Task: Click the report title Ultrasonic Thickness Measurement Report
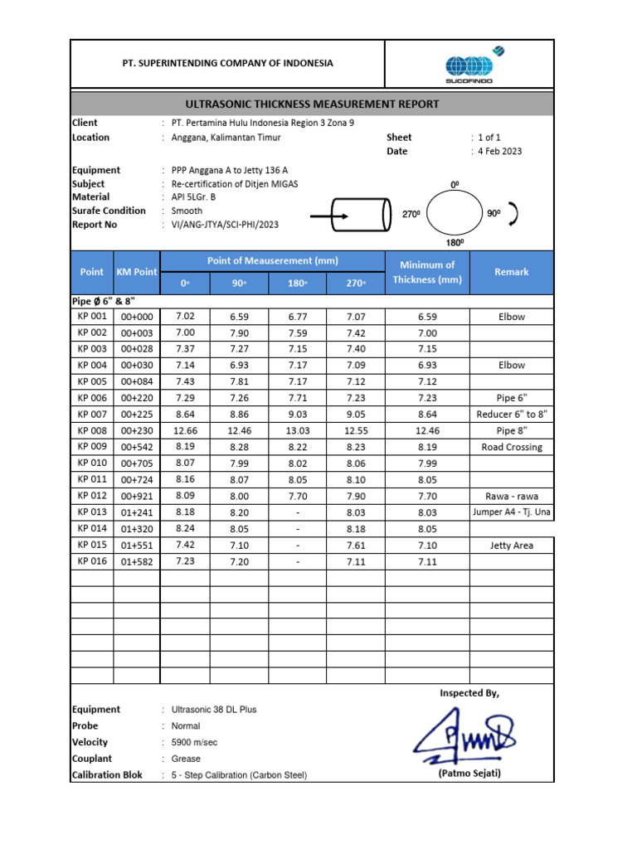(311, 104)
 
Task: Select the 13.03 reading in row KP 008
(298, 430)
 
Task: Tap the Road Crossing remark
(511, 447)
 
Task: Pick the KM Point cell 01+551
(137, 546)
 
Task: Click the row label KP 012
(92, 496)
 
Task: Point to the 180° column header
(298, 284)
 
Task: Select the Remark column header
(511, 272)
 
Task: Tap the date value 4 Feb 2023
(499, 151)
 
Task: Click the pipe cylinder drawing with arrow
(352, 215)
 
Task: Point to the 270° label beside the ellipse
(411, 215)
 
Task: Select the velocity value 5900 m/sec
(194, 742)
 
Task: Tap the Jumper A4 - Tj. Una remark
(511, 512)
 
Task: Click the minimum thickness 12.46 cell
(427, 430)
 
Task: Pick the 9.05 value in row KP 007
(356, 414)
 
